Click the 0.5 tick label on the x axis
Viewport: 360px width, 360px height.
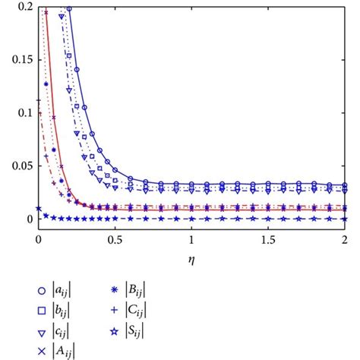pos(114,238)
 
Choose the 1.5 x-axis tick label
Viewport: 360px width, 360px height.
pos(267,238)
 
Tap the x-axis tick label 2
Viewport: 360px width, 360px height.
pos(344,238)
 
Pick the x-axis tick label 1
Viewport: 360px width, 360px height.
pos(191,238)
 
